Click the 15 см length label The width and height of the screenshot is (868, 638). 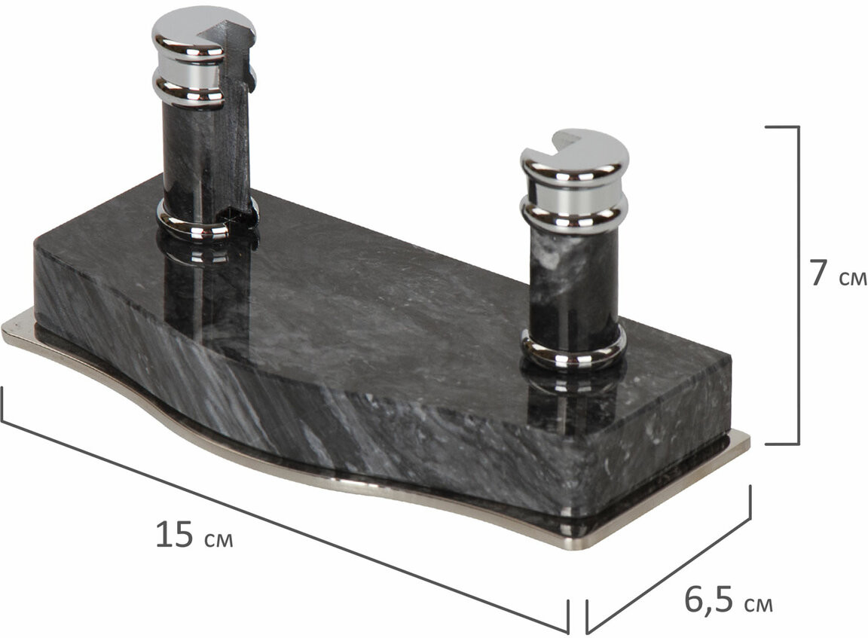click(x=194, y=535)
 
